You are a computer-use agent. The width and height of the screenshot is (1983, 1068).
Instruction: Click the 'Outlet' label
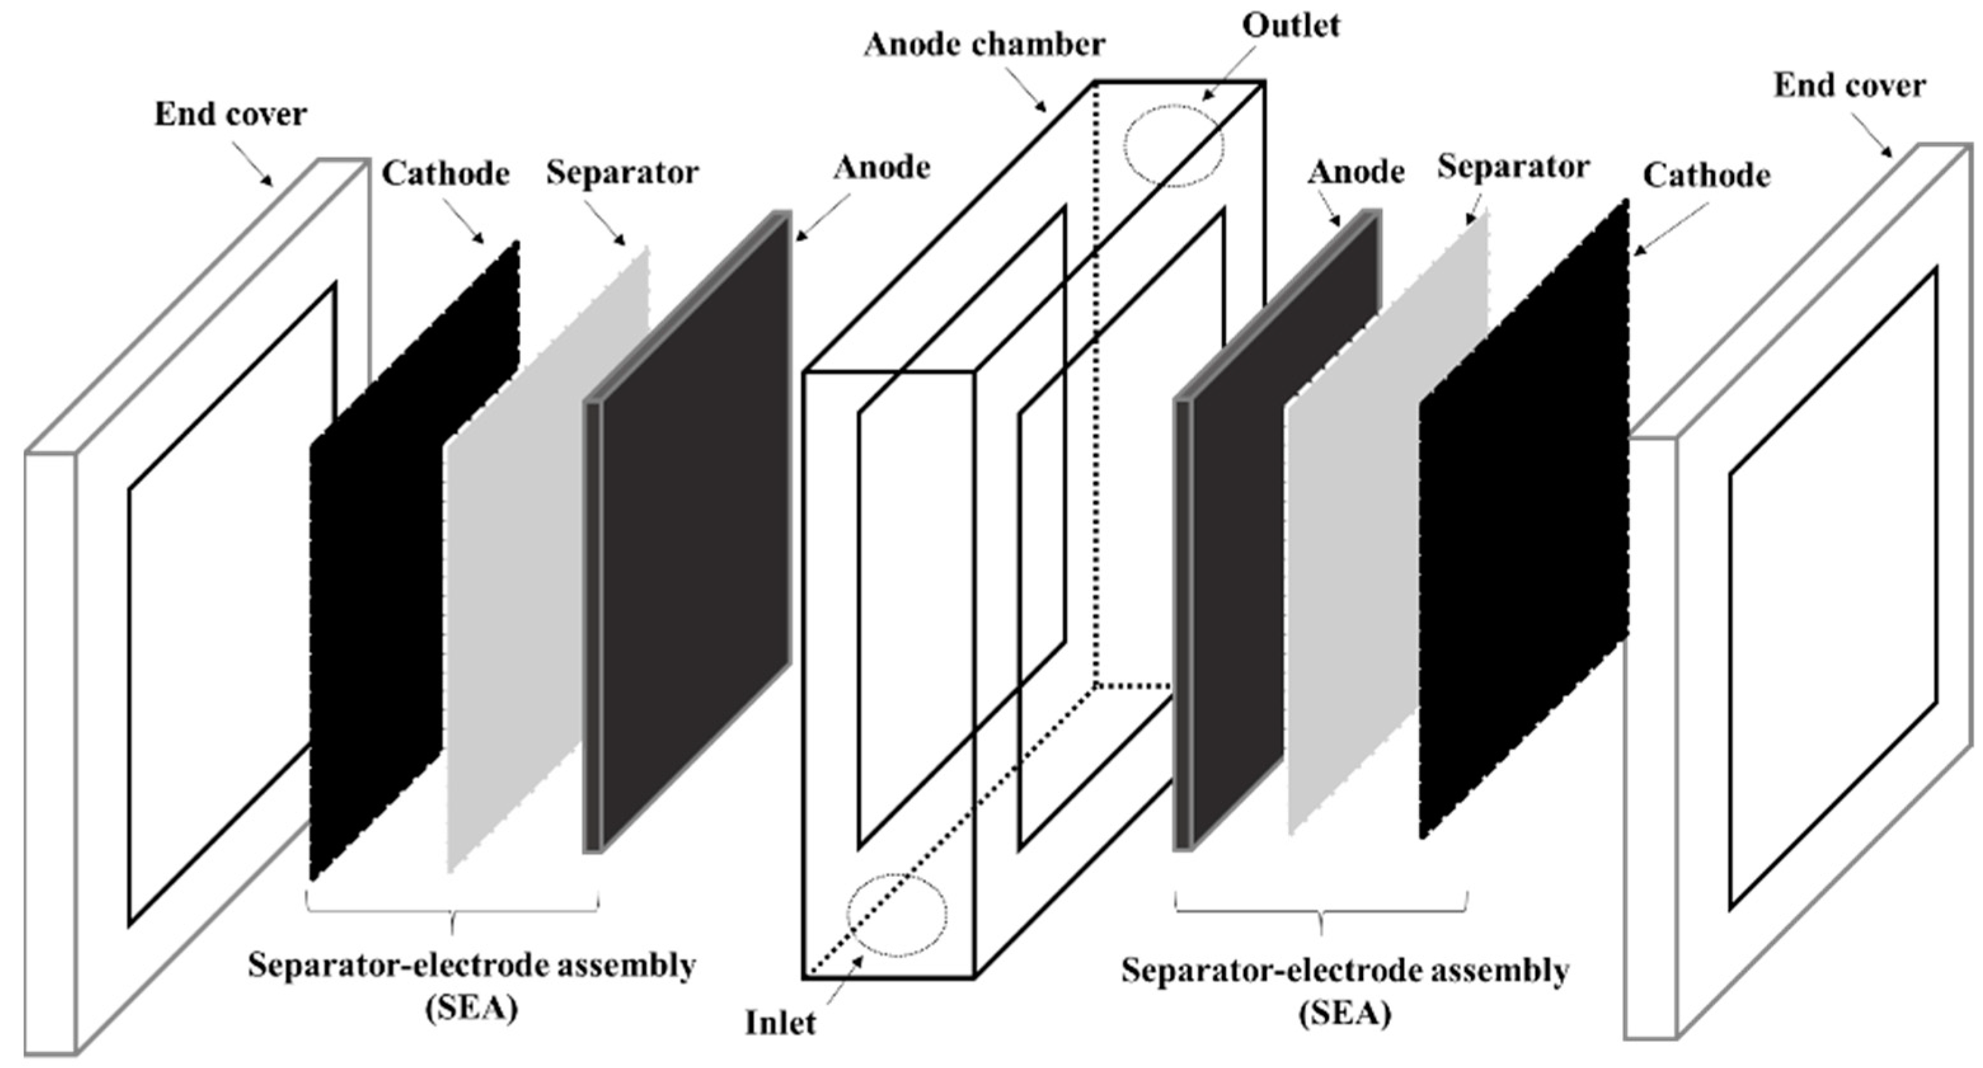(x=1291, y=25)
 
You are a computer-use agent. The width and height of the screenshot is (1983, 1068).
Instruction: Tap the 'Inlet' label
(x=780, y=1023)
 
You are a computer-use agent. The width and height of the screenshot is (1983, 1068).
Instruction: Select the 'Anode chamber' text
(x=985, y=44)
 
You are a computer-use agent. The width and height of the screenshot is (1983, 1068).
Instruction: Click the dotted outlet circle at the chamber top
(x=1173, y=145)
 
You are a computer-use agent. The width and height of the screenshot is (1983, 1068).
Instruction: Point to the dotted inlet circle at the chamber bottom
(x=897, y=914)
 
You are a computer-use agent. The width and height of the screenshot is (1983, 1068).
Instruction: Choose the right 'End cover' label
(x=1850, y=86)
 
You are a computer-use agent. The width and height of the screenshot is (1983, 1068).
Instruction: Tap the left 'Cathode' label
(x=446, y=174)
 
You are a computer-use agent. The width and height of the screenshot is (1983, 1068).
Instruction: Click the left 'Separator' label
(x=622, y=172)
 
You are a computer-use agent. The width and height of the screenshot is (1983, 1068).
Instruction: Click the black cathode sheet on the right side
(x=1524, y=523)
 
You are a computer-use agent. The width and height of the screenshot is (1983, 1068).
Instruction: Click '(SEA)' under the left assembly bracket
(x=471, y=1009)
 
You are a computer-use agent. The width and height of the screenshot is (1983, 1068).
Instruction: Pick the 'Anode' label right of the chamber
(x=1355, y=171)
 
